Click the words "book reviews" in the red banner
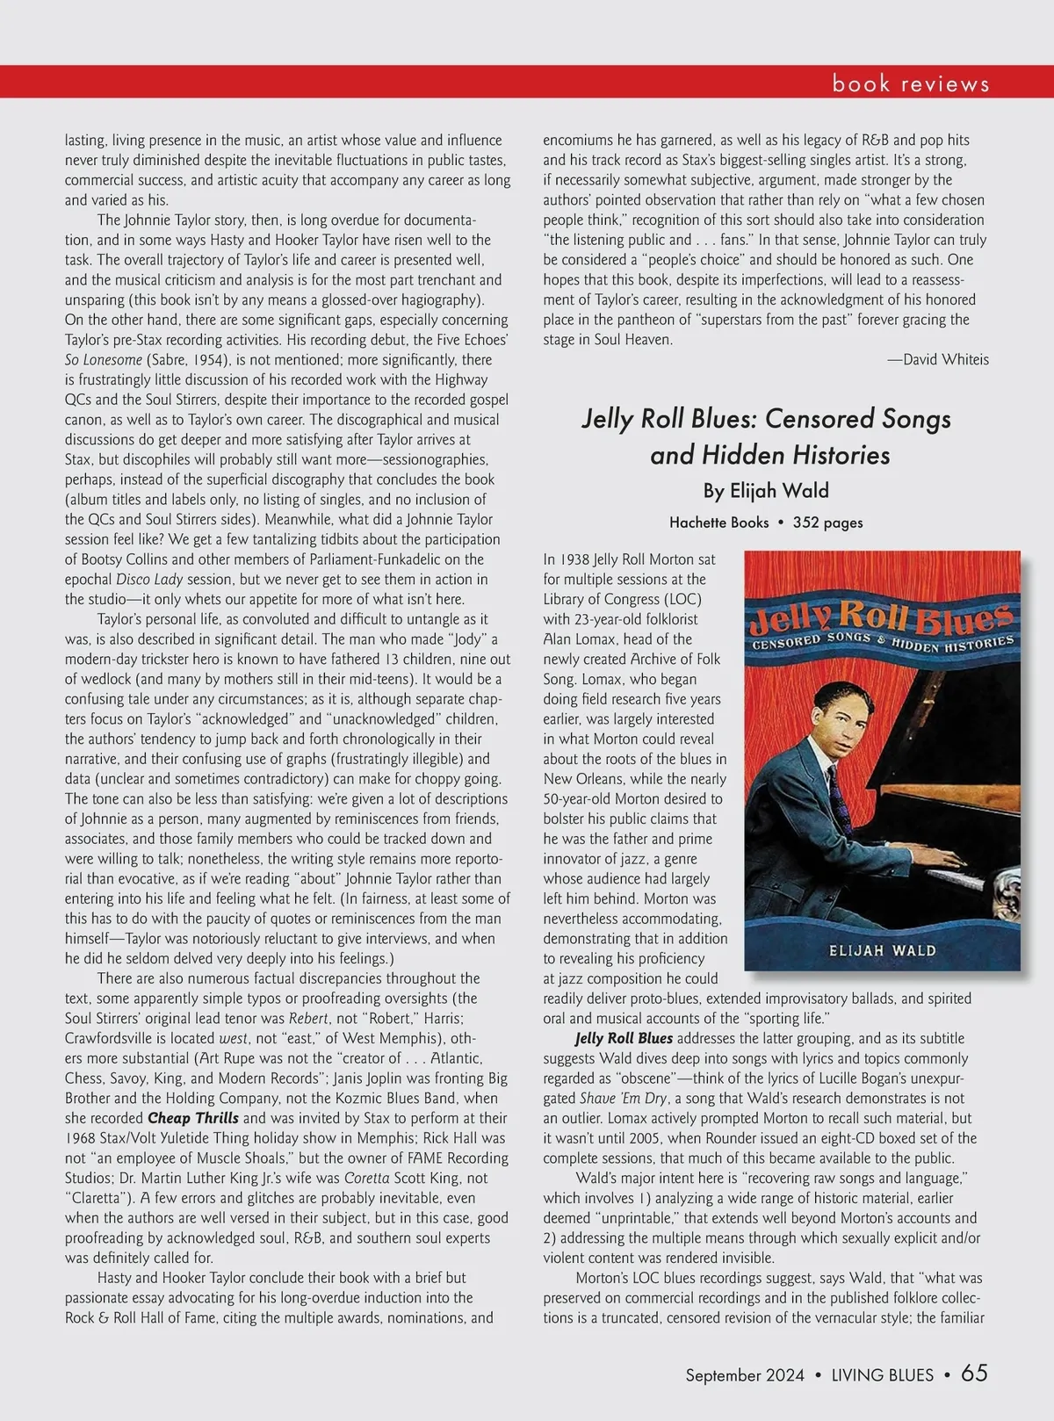[x=910, y=83]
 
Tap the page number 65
[x=974, y=1374]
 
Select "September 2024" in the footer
[x=745, y=1375]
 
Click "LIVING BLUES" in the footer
[x=882, y=1375]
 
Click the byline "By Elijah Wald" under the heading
[x=765, y=491]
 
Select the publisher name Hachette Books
[x=718, y=523]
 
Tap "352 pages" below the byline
[x=827, y=523]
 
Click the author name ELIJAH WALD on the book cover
[x=882, y=950]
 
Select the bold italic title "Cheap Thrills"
[x=192, y=1118]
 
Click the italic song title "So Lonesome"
[x=104, y=360]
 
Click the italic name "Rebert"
[x=313, y=1019]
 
